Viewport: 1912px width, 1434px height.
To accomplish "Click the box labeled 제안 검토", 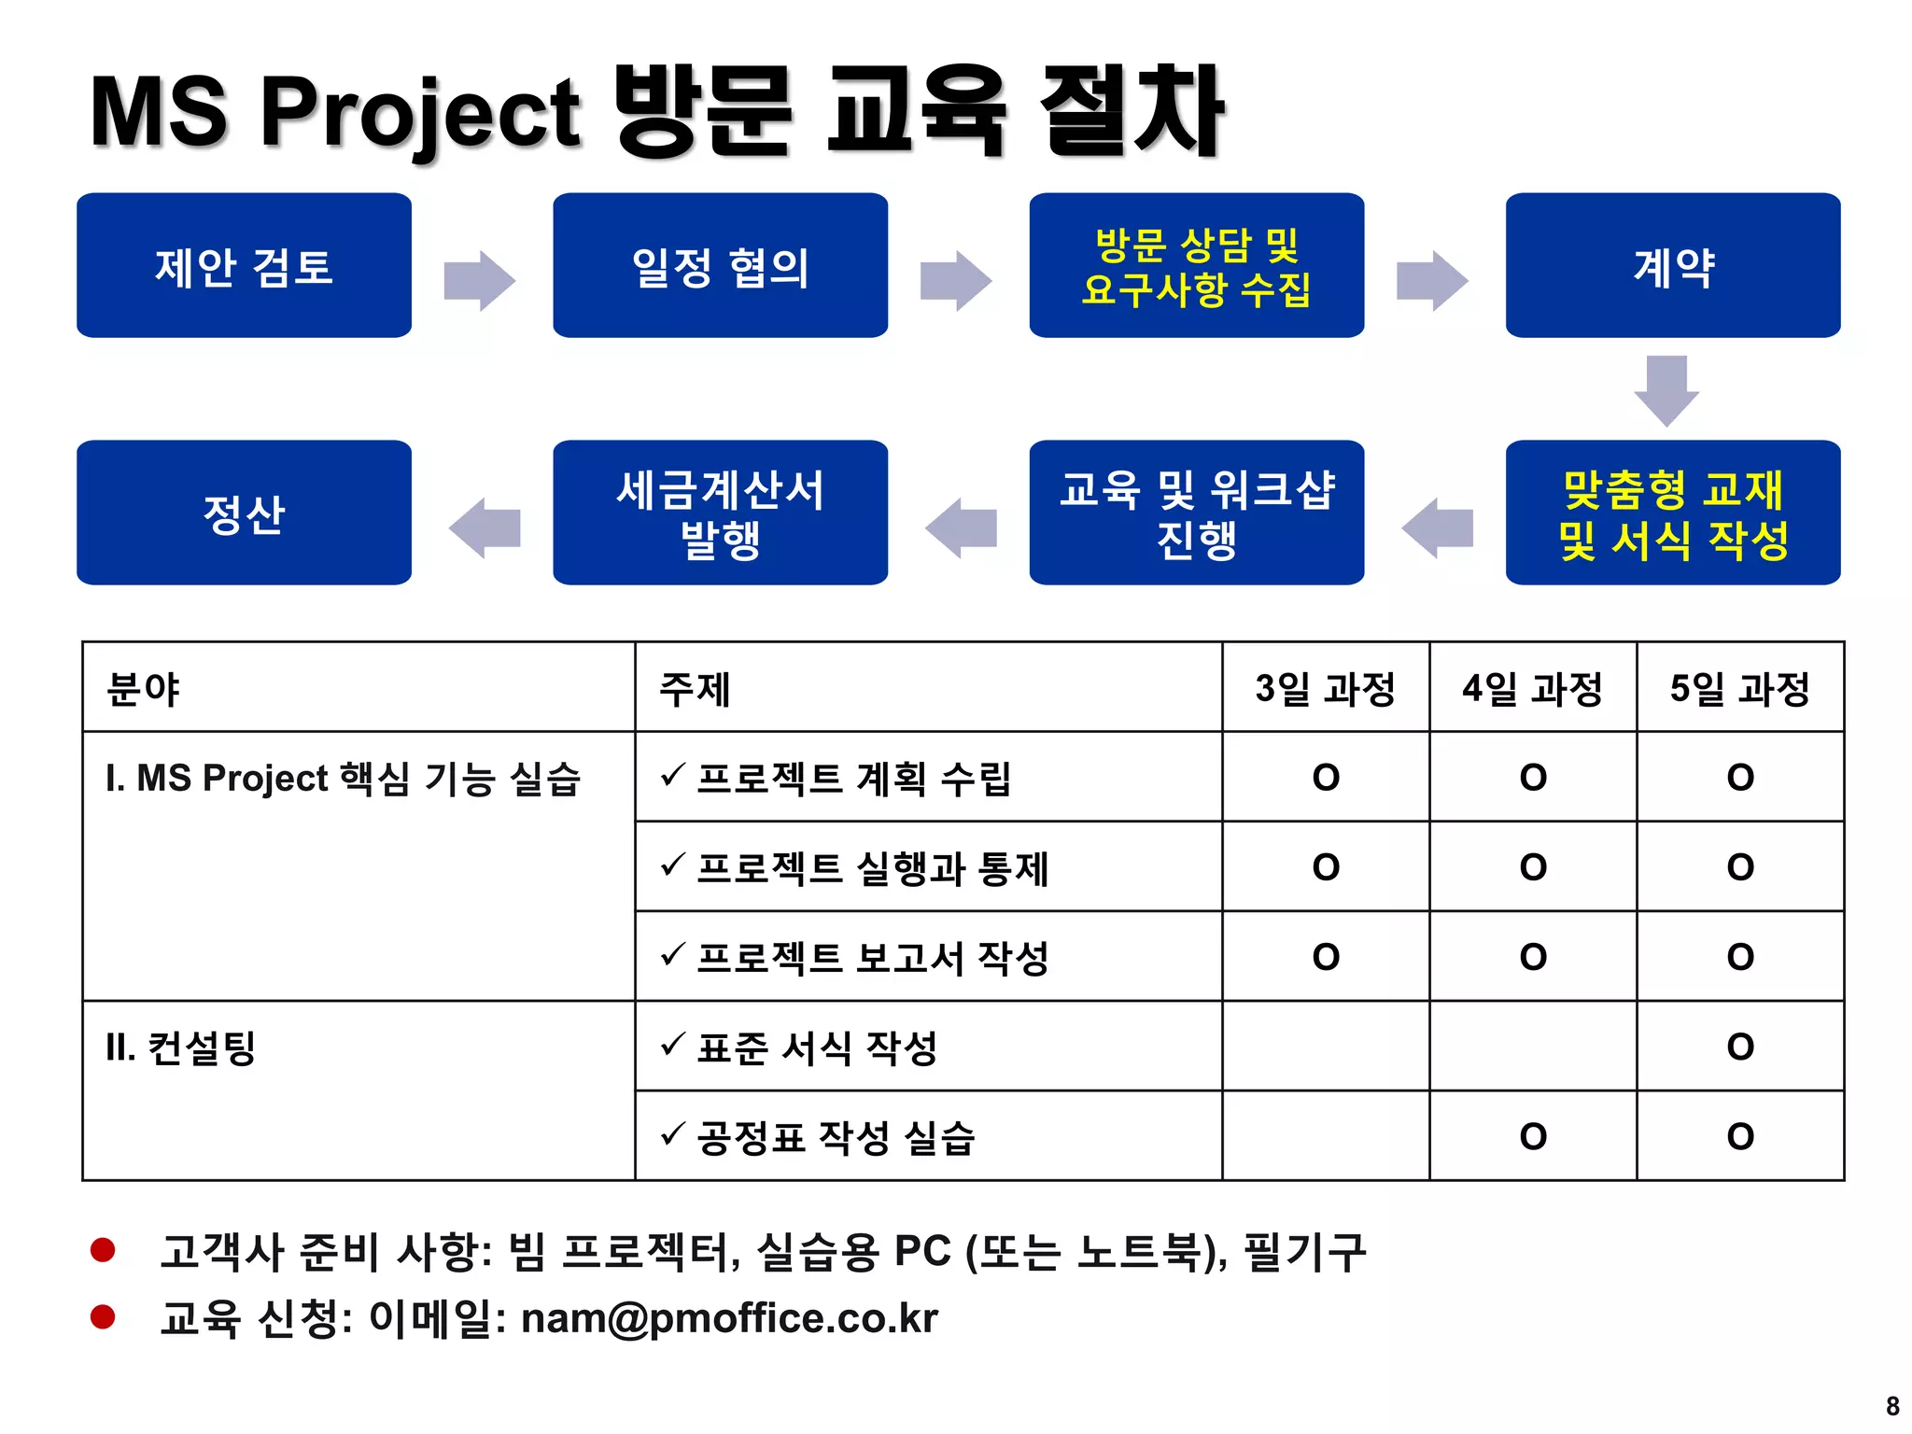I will (x=244, y=266).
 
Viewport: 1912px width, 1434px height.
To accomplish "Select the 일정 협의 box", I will (x=720, y=266).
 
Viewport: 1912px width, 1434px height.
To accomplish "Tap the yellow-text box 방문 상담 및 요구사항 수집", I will (x=1196, y=266).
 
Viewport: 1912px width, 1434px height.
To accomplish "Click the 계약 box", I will (x=1672, y=266).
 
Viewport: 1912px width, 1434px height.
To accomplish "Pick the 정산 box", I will (x=244, y=513).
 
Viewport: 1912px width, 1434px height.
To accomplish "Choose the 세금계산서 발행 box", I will (x=720, y=513).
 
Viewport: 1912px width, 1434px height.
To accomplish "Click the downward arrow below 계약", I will (x=1666, y=389).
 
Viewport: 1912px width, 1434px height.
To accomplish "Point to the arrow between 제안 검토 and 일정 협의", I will (x=480, y=279).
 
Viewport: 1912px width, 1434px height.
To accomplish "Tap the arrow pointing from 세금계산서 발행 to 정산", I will (x=485, y=527).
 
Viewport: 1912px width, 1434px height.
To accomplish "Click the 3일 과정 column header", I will (x=1325, y=689).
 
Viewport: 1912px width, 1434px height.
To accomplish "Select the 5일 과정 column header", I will (x=1739, y=689).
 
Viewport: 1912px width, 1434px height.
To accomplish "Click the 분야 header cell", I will (x=143, y=689).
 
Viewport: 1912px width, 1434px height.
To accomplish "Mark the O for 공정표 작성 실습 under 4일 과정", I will (x=1533, y=1136).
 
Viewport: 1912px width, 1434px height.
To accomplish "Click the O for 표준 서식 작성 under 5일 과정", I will (x=1740, y=1047).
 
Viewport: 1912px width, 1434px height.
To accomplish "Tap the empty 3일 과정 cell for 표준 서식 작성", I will (x=1325, y=1047).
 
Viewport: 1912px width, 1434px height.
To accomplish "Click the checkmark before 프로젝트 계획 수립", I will (x=673, y=775).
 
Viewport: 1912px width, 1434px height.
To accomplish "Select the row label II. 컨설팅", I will (x=181, y=1047).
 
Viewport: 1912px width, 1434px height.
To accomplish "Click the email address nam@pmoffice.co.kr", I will (x=729, y=1318).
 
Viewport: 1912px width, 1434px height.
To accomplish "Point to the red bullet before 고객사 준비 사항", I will (x=103, y=1249).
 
